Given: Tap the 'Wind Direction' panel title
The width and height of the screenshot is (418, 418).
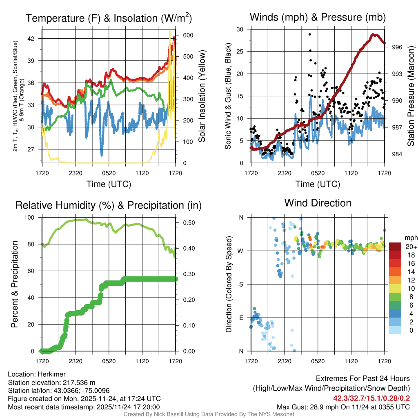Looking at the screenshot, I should tap(318, 203).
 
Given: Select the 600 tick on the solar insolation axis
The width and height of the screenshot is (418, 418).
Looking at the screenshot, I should tap(182, 35).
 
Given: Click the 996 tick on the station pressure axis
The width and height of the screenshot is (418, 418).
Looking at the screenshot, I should tap(397, 47).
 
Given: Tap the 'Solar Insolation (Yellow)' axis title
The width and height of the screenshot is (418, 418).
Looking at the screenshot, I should tap(202, 96).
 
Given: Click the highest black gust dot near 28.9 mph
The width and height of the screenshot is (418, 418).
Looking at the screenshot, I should tap(310, 34).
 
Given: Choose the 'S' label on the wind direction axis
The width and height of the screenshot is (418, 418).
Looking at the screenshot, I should tap(241, 284).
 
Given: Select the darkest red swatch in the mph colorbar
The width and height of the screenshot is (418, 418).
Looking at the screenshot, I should tap(395, 247).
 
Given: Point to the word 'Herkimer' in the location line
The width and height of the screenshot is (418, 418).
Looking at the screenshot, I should tap(51, 374).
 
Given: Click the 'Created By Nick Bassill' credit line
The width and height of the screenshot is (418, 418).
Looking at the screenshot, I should tap(209, 414).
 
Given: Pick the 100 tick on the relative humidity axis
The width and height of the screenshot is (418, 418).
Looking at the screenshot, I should tap(33, 218).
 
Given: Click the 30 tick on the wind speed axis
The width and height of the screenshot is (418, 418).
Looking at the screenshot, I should tap(240, 29).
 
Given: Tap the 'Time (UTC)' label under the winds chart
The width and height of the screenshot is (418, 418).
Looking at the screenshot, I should tap(318, 184).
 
